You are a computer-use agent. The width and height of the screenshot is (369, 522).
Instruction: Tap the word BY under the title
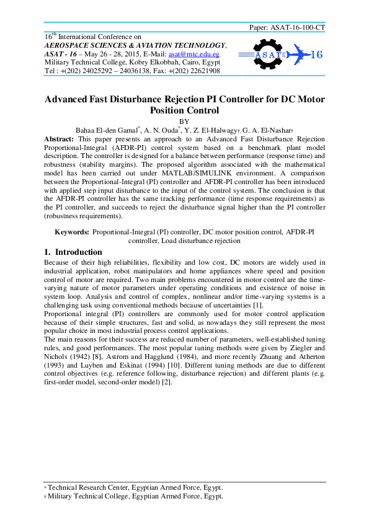coord(184,121)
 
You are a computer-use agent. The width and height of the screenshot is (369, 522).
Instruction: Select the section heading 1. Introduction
coord(73,252)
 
